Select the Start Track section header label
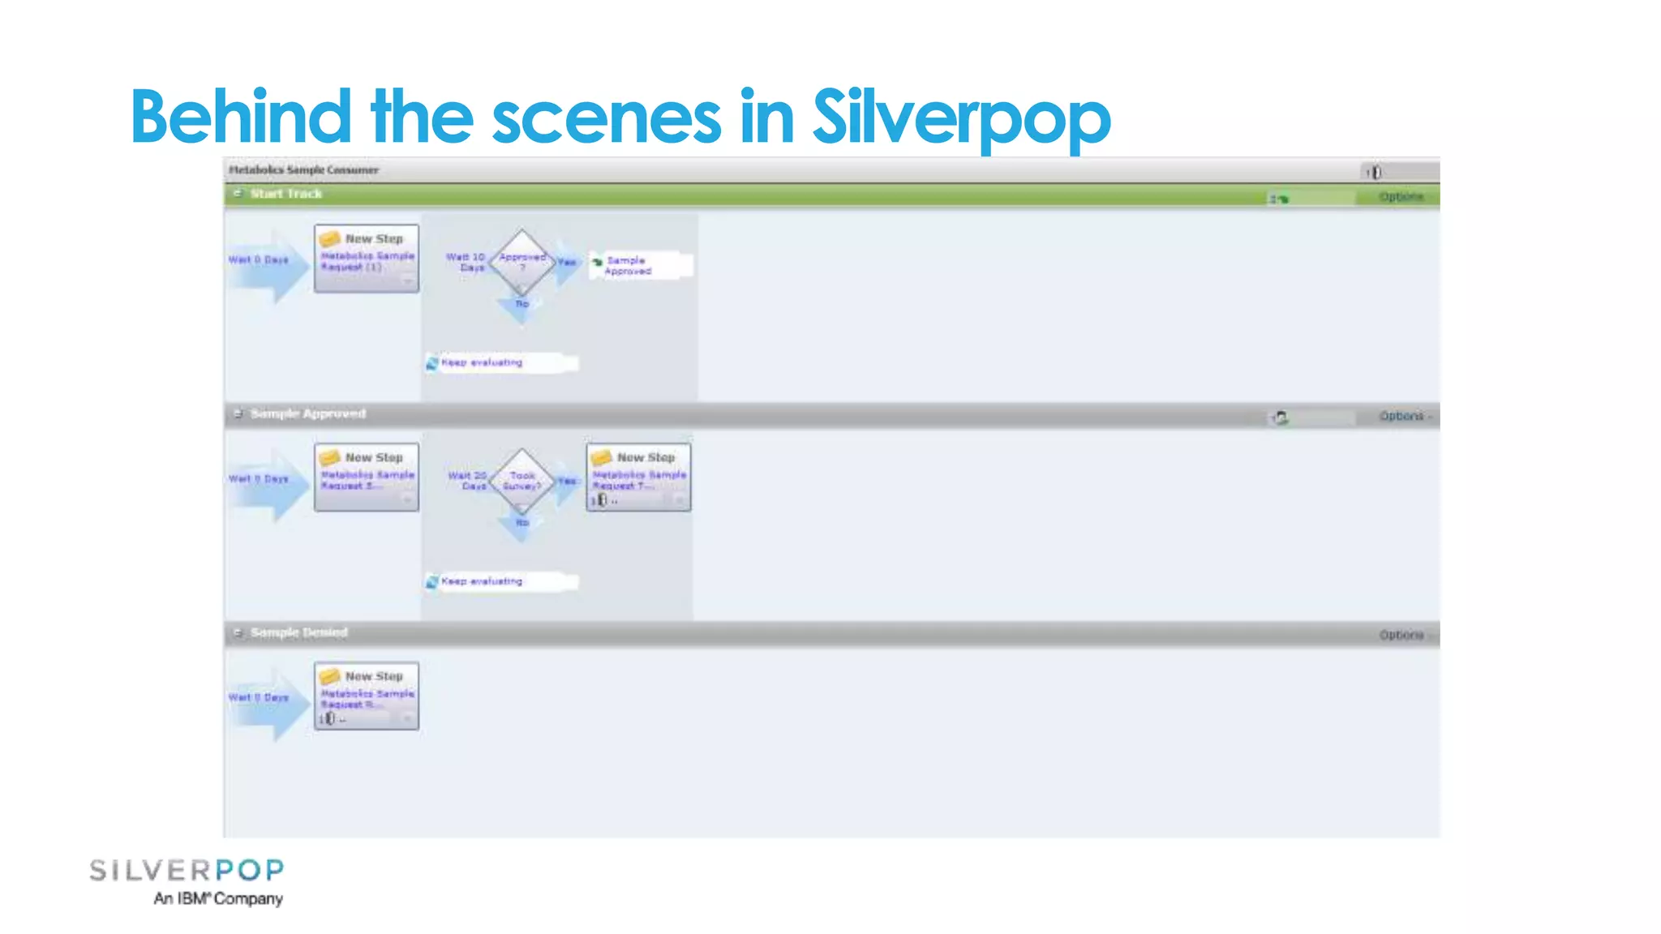(x=285, y=194)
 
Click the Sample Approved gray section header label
(x=307, y=413)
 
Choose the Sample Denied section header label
(x=298, y=632)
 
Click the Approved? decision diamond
(x=521, y=261)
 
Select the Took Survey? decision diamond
(x=521, y=480)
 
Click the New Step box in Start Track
(x=367, y=258)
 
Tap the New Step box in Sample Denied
(x=367, y=696)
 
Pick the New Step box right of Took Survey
(x=639, y=477)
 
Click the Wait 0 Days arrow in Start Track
(x=264, y=261)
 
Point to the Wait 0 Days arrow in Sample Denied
(x=264, y=698)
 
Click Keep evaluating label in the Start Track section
(x=482, y=362)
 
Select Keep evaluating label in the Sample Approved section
(x=482, y=581)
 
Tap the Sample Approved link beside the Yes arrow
(x=628, y=265)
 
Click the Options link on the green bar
(x=1401, y=197)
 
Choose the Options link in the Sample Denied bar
(x=1401, y=635)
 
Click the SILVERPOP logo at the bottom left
(x=187, y=871)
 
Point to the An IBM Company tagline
(x=218, y=898)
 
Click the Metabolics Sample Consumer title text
(x=303, y=170)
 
